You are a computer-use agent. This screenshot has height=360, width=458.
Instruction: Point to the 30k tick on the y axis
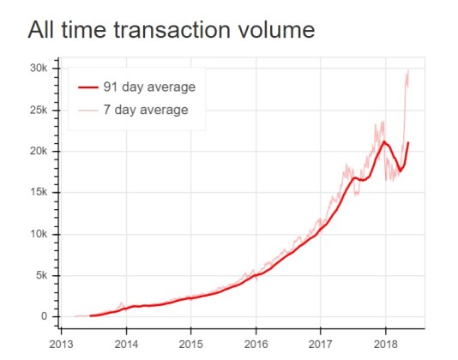(x=41, y=69)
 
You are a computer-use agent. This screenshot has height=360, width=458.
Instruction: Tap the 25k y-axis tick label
(x=41, y=110)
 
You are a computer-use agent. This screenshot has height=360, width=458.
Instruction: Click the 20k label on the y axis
(x=41, y=152)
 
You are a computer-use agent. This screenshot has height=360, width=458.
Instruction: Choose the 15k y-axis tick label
(x=41, y=193)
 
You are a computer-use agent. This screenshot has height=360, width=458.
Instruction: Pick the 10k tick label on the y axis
(x=41, y=234)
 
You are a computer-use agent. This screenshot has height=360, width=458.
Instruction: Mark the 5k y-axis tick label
(x=44, y=275)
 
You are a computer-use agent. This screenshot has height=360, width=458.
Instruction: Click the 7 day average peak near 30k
(x=407, y=71)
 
